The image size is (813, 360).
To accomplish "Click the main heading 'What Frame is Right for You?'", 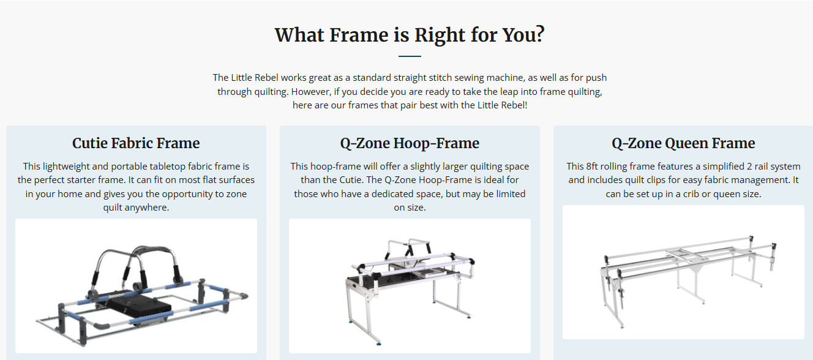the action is click(410, 35).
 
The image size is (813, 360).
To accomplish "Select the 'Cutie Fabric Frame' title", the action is click(136, 143).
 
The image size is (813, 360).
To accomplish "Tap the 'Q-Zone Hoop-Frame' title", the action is click(410, 143).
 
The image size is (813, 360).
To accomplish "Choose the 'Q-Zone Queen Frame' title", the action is click(683, 143).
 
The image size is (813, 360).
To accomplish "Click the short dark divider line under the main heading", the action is click(410, 56).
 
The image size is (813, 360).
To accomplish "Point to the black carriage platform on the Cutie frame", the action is click(140, 306).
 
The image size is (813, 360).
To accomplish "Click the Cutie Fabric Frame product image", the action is click(136, 285).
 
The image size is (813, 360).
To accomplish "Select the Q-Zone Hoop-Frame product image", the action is click(410, 285).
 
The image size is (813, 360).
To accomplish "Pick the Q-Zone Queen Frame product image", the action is click(683, 272).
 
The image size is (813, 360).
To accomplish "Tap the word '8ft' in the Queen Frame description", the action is click(591, 166).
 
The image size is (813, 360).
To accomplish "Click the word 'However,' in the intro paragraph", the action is click(312, 92).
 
